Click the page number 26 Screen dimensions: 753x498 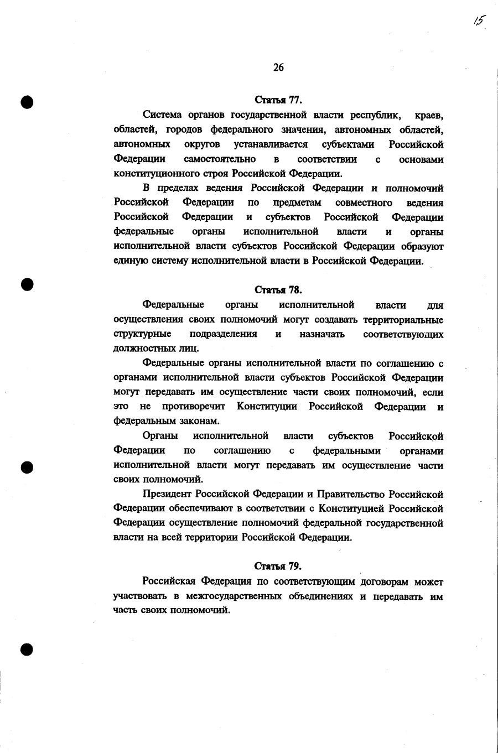[x=278, y=67]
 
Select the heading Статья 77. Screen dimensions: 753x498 [x=278, y=100]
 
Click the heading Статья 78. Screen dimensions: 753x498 [x=278, y=290]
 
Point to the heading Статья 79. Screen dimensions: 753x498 [x=278, y=566]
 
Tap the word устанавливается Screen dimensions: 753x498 [x=271, y=144]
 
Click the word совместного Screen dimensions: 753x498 [x=364, y=202]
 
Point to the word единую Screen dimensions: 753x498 [x=128, y=261]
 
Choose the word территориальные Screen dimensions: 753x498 [x=403, y=320]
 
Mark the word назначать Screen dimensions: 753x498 [x=321, y=334]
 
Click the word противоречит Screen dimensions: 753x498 [x=194, y=407]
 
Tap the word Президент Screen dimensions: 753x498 [x=168, y=494]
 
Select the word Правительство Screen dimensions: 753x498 [x=351, y=494]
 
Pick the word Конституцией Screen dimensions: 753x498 [x=349, y=508]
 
